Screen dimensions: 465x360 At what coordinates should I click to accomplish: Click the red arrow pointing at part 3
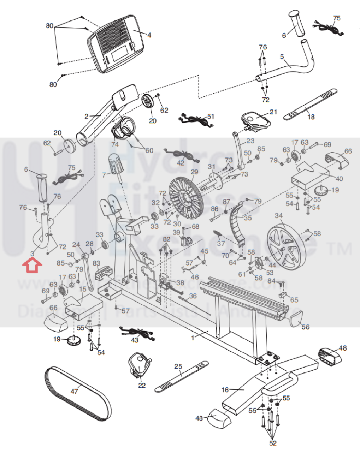pyautogui.click(x=32, y=266)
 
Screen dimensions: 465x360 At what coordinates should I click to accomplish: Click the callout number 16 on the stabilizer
pyautogui.click(x=225, y=390)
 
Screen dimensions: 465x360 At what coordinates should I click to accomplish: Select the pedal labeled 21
pyautogui.click(x=256, y=120)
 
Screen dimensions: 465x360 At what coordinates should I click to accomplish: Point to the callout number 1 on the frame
pyautogui.click(x=193, y=338)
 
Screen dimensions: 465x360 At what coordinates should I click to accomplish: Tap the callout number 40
pyautogui.click(x=339, y=179)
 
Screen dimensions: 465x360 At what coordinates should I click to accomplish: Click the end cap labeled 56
pyautogui.click(x=295, y=321)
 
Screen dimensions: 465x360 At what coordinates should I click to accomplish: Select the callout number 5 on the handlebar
pyautogui.click(x=282, y=56)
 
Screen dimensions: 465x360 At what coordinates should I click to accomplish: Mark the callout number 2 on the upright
pyautogui.click(x=87, y=116)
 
